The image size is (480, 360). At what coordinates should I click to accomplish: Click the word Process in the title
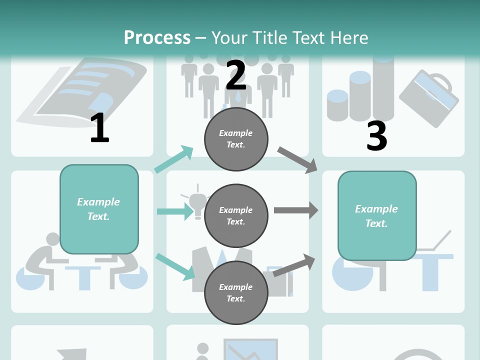coord(157,37)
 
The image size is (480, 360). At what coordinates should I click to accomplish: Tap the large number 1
coord(100,127)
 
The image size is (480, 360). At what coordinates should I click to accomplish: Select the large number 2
coord(235,75)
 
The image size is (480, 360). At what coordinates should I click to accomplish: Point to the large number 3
coord(377,135)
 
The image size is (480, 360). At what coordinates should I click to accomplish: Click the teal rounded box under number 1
coord(99,209)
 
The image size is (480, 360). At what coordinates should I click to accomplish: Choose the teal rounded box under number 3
coord(377,216)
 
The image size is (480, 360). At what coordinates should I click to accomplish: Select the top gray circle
coord(236,139)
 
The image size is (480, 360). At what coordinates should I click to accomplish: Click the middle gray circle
coord(236,216)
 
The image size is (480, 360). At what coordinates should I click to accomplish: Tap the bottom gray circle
coord(236,293)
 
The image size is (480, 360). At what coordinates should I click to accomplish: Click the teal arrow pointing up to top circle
coord(174,159)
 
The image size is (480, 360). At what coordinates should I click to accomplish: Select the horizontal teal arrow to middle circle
coord(175,211)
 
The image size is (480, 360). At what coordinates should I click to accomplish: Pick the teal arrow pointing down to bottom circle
coord(175,267)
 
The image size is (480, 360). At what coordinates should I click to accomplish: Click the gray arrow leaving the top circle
coord(297,160)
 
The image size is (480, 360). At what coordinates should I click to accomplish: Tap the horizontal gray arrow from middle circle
coord(296,210)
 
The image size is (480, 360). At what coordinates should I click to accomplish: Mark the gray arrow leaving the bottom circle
coord(294,265)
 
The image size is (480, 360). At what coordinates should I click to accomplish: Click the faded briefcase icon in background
coord(429,98)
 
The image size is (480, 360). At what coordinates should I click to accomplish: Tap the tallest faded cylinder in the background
coord(383,89)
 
